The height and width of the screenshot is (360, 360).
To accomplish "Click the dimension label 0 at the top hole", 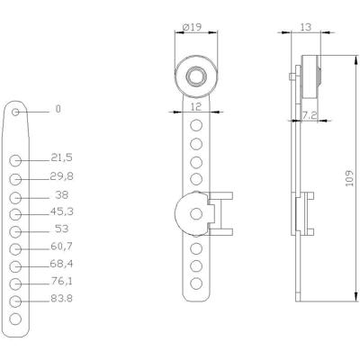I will [58, 109].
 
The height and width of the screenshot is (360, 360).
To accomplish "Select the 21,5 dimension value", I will [61, 157].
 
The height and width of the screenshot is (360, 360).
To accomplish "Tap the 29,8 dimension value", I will [61, 176].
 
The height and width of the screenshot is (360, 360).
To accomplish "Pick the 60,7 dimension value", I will [61, 246].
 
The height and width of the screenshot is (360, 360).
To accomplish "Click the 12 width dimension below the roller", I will [195, 107].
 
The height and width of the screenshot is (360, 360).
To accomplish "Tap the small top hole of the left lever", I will [15, 112].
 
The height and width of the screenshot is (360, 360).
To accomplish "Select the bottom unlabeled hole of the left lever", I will [15, 319].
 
